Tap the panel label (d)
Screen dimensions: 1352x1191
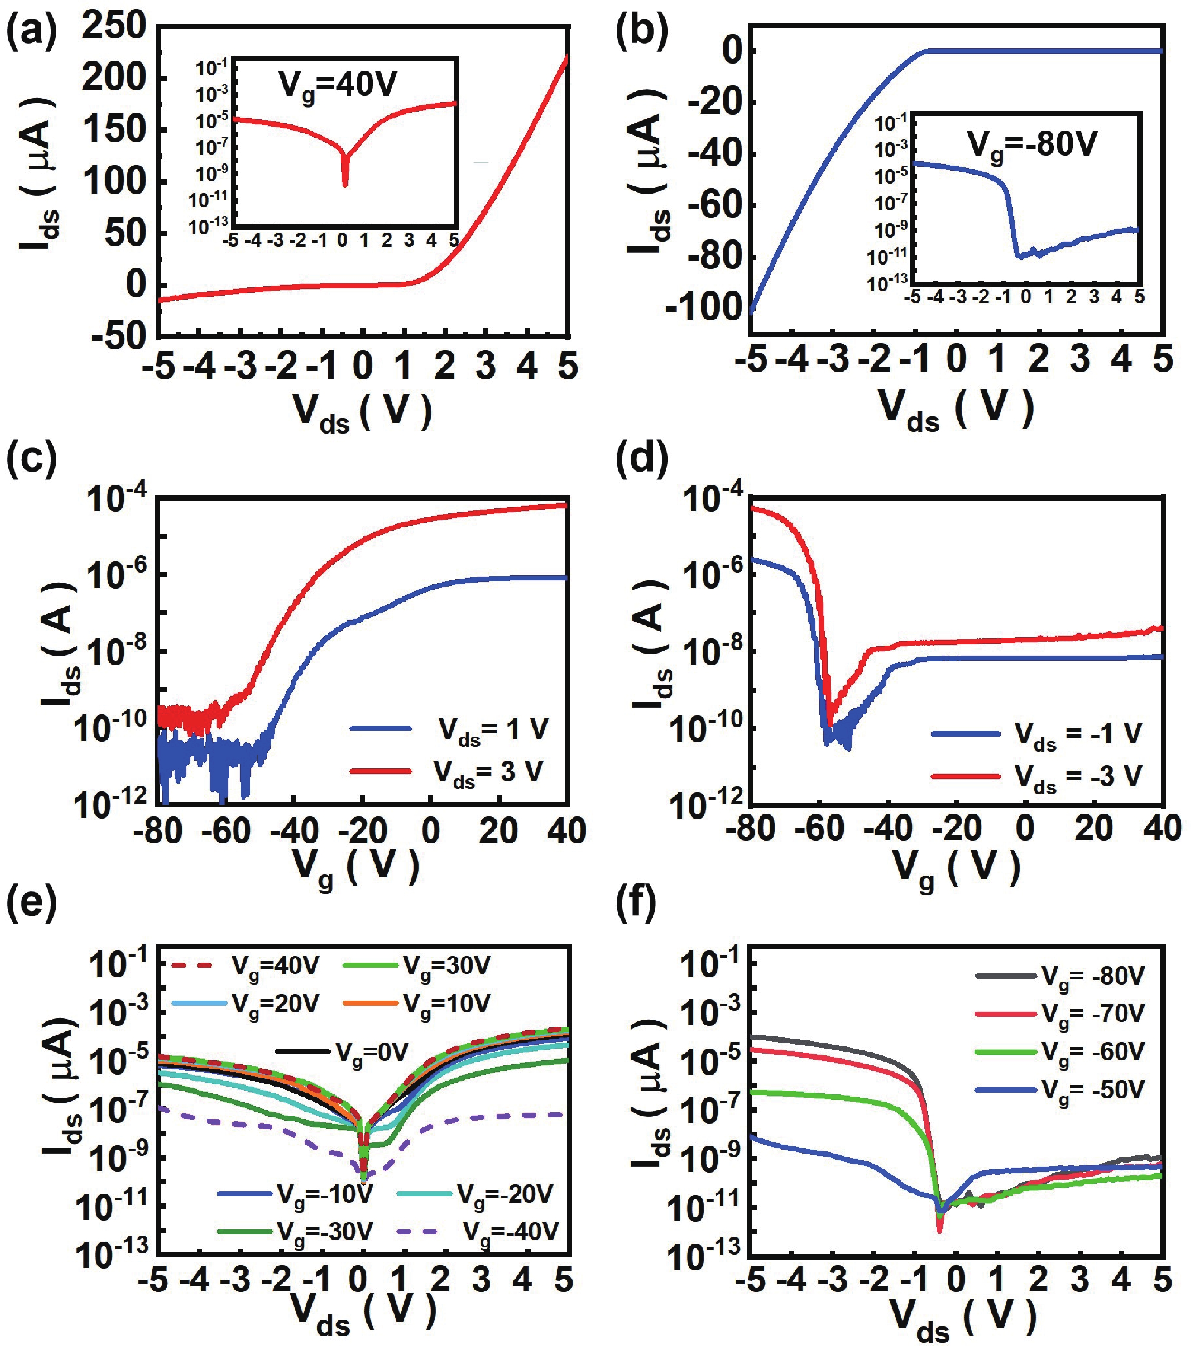click(x=640, y=459)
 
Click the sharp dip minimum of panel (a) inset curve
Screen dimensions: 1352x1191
click(x=344, y=185)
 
